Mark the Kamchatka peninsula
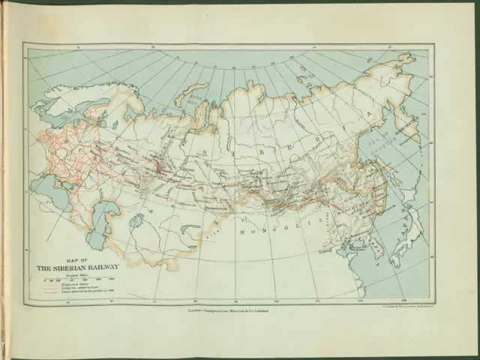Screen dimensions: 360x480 [412, 127]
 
